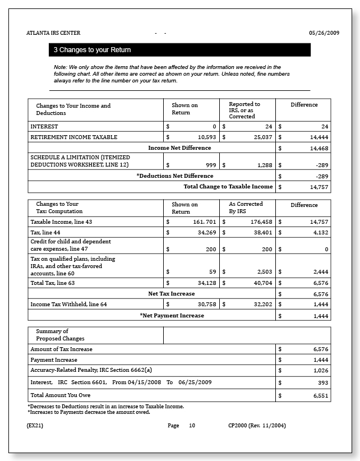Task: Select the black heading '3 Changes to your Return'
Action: (x=92, y=50)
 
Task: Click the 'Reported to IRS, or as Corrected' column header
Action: (x=244, y=110)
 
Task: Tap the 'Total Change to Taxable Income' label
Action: (x=228, y=187)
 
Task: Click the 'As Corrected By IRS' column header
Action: (x=246, y=208)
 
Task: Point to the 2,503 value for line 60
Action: (x=264, y=271)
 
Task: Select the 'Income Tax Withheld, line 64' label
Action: (x=68, y=305)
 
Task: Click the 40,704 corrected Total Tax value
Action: (x=261, y=283)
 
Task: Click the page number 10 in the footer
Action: (x=192, y=426)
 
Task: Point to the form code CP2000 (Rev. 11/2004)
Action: (x=257, y=426)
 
